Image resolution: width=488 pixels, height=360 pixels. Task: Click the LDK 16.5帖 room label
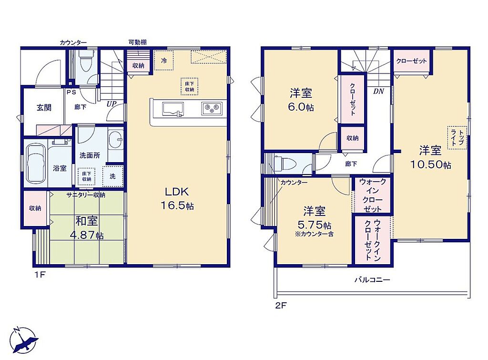[177, 198]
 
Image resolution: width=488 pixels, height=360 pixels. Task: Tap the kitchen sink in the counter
[173, 110]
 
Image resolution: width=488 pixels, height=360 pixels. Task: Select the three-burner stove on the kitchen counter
[212, 109]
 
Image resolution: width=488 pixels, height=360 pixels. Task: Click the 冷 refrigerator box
[164, 61]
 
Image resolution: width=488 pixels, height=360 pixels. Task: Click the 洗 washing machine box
[112, 176]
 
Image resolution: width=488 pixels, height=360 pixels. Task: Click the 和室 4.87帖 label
[87, 228]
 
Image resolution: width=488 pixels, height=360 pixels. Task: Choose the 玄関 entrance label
[44, 108]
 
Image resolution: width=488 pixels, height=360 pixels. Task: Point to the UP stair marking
[112, 103]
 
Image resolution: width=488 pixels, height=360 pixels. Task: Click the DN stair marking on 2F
[378, 91]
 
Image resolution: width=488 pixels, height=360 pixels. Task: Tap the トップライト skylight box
[457, 138]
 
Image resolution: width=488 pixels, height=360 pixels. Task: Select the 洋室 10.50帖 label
[430, 157]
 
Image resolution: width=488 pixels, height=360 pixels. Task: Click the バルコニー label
[372, 279]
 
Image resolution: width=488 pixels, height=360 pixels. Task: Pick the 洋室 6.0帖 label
[301, 100]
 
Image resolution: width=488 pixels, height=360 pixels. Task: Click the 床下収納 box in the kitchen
[190, 86]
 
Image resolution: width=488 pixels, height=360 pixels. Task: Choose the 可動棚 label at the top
[138, 42]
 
